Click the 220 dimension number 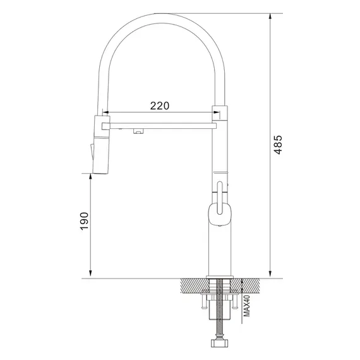159,107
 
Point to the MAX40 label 248,306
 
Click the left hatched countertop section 193,286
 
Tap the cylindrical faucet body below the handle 219,253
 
